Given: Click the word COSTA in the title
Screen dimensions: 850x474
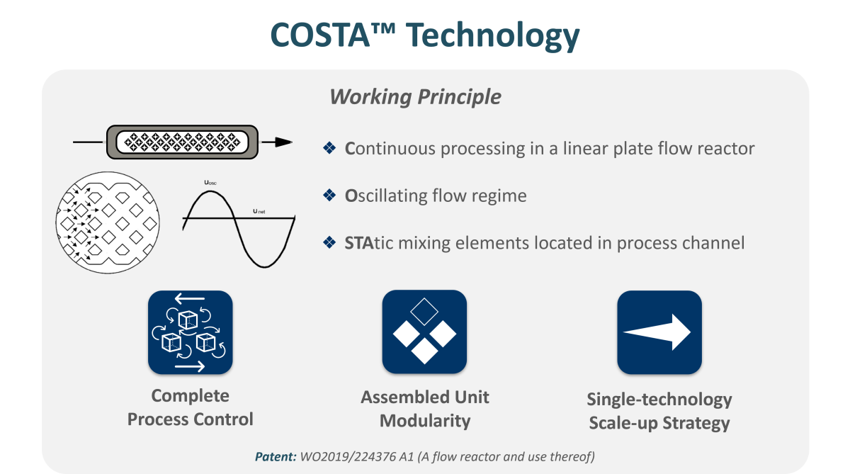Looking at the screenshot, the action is coord(320,35).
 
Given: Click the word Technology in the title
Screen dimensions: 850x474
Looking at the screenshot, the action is coord(492,36).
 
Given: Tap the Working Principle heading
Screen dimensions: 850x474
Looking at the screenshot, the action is coord(415,97).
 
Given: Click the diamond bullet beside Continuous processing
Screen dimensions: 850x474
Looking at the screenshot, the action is coord(329,148).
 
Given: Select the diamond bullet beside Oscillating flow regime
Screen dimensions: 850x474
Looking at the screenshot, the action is coord(329,196).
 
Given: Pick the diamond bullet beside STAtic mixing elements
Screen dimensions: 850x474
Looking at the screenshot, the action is coord(329,242).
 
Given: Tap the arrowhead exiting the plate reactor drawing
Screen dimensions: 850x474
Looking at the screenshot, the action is coord(283,142).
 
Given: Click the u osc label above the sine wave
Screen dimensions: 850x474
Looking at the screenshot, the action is coord(210,183).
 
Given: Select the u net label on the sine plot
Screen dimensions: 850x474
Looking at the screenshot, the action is coord(259,211).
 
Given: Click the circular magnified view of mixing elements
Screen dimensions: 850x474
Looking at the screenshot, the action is coord(108,222).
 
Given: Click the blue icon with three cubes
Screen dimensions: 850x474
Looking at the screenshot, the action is coord(190,332).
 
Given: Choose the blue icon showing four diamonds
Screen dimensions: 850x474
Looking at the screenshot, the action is coord(424,332).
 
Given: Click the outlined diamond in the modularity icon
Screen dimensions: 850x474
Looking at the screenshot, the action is coord(424,312).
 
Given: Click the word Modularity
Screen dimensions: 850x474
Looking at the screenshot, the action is coord(425,421).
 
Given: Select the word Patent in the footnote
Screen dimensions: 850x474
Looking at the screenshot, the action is coord(276,456).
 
